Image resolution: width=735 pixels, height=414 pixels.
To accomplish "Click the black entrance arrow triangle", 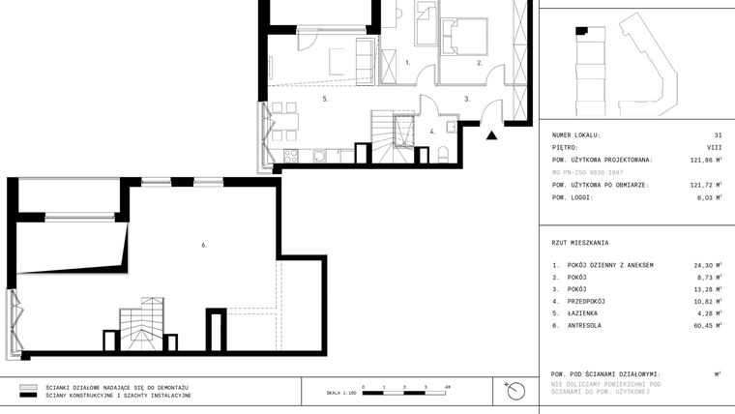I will point(493,136).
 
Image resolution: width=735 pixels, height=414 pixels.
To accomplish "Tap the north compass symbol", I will point(515,391).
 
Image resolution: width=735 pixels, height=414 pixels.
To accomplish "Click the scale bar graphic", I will point(404,393).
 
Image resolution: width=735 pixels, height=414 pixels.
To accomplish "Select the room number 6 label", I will point(204,246).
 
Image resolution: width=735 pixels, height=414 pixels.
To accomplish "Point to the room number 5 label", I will point(326,99).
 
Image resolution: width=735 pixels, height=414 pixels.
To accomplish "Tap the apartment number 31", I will point(717,135).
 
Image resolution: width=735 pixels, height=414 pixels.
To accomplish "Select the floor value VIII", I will point(714,148).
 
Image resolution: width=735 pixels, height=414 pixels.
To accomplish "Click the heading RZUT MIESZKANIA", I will point(580,243).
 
